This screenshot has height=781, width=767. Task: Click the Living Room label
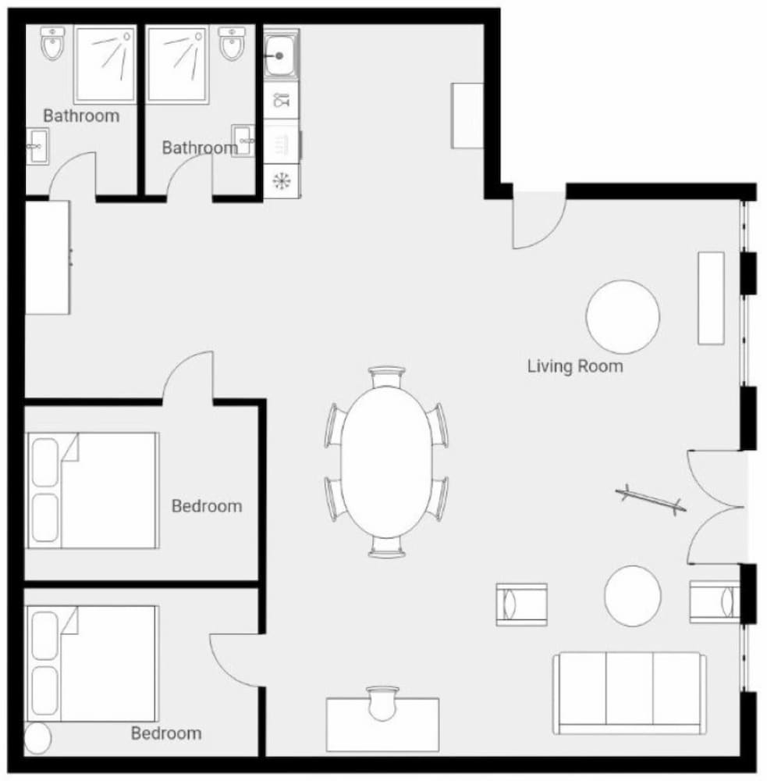tap(575, 366)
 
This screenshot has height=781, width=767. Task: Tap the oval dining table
tap(386, 462)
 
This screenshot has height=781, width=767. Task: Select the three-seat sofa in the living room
tap(629, 694)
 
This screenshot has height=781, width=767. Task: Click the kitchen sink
tap(281, 55)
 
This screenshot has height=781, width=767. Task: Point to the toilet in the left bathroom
tap(52, 43)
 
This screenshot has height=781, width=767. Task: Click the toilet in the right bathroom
tap(232, 43)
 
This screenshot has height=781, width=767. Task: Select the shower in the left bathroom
tap(105, 64)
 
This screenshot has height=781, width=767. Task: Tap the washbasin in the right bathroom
tap(243, 141)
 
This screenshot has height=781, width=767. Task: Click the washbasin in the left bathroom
tap(37, 146)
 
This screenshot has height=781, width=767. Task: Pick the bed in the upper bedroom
tap(93, 490)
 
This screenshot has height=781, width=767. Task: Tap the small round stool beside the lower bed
tap(37, 738)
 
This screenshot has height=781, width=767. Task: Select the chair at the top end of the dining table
tap(387, 377)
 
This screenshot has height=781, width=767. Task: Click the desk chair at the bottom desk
tap(382, 703)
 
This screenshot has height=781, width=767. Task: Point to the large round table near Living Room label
tap(623, 317)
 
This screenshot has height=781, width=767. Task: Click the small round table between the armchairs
tap(633, 596)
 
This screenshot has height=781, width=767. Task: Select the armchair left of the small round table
tap(522, 604)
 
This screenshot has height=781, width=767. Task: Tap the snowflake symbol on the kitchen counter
tap(281, 180)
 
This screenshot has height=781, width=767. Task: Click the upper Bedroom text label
tap(207, 506)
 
